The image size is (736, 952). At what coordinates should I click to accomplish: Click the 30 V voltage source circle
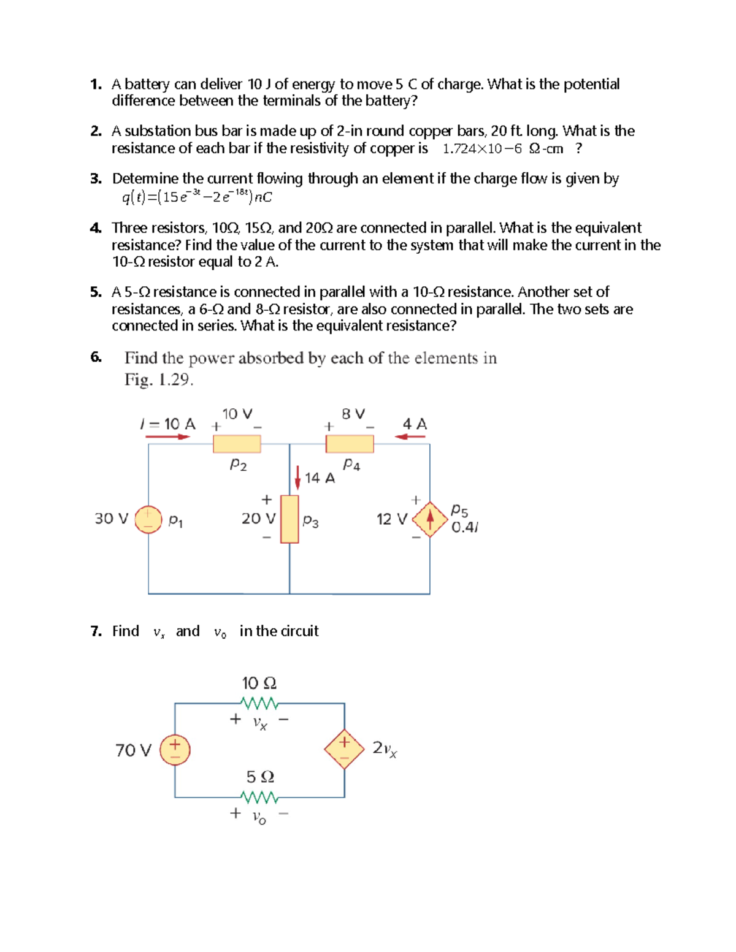click(x=148, y=519)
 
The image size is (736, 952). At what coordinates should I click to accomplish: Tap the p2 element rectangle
click(x=237, y=443)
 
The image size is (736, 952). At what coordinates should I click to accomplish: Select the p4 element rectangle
click(x=350, y=443)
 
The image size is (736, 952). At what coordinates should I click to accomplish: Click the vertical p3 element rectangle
click(x=289, y=519)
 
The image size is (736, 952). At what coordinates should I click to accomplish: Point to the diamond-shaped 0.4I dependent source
click(x=430, y=519)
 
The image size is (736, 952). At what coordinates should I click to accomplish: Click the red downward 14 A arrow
click(x=297, y=476)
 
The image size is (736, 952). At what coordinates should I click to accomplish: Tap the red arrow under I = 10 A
click(x=167, y=437)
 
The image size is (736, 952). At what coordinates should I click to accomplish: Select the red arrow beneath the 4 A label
click(x=410, y=437)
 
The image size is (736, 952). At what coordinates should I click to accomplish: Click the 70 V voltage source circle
click(x=175, y=750)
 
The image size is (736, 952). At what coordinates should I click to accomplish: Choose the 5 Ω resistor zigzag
click(x=260, y=798)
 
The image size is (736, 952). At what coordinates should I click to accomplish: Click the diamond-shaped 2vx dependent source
click(x=344, y=749)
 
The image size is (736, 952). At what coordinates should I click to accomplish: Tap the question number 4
click(x=95, y=228)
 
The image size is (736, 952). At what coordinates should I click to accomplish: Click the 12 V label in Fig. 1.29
click(x=391, y=519)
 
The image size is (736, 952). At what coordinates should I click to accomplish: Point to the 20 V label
click(x=258, y=519)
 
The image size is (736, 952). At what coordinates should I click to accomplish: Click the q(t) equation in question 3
click(x=197, y=196)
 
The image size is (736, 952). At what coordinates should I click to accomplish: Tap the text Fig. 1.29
click(x=159, y=379)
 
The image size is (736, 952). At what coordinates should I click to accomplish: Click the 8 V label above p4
click(x=353, y=414)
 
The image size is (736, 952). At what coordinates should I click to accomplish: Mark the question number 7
click(x=95, y=631)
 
